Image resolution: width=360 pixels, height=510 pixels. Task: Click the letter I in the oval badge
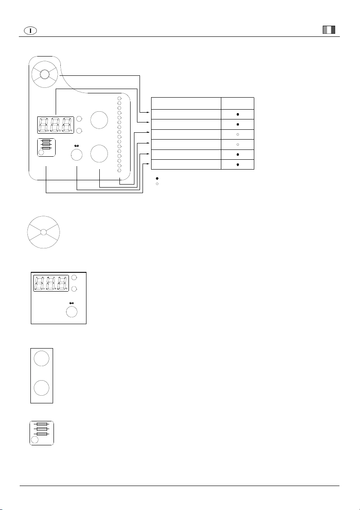point(30,30)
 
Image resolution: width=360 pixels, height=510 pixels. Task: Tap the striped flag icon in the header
point(329,30)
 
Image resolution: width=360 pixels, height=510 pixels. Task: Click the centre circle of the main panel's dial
point(45,75)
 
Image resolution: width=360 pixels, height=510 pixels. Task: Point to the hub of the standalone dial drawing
point(43,232)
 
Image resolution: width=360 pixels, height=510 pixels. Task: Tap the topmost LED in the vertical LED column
point(119,98)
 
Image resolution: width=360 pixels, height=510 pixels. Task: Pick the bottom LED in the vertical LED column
point(119,170)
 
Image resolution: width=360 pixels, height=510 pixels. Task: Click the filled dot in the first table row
point(238,114)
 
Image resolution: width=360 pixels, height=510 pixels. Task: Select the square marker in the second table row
point(238,124)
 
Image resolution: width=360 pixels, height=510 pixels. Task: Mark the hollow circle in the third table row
point(238,134)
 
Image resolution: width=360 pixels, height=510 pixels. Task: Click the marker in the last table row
point(238,164)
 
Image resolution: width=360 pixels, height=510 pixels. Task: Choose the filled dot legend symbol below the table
point(157,179)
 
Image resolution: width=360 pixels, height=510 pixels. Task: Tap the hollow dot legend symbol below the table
point(157,184)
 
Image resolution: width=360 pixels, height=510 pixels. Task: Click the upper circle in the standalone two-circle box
point(42,358)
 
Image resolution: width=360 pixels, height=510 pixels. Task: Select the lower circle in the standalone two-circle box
point(42,388)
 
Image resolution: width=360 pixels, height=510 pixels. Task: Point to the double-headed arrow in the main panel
point(77,146)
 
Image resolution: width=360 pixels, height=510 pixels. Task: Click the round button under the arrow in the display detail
point(71,312)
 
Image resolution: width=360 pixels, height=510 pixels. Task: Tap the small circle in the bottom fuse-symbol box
point(35,440)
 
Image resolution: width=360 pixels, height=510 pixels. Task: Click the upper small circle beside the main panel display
point(79,119)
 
